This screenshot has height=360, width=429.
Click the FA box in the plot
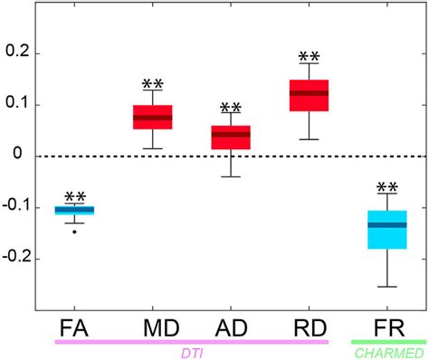coord(74,210)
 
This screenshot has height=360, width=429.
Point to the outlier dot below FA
coord(74,232)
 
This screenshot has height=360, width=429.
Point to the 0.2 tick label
coord(17,53)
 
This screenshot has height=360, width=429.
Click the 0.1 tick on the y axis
coord(17,105)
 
